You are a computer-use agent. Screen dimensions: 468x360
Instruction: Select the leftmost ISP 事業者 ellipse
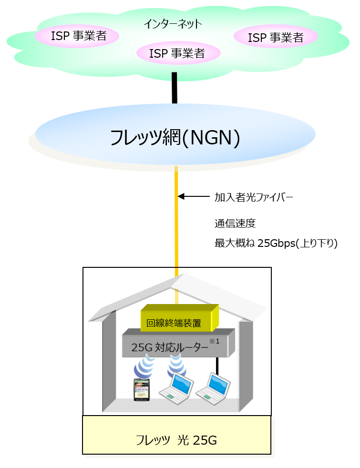pos(78,36)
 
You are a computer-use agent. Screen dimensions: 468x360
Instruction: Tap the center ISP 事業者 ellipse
pos(177,53)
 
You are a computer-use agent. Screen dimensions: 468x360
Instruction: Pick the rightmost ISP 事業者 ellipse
pos(275,38)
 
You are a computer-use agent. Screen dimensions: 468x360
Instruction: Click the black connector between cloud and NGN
pos(175,88)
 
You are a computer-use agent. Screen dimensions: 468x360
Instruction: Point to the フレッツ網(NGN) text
pos(175,137)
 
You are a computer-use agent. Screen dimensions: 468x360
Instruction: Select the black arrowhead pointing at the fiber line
pos(181,196)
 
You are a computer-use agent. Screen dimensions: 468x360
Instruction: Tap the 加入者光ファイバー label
pos(253,196)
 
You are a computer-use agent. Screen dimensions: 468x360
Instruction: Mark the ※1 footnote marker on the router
pos(216,340)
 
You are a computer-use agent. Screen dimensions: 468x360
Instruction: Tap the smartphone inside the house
pos(141,389)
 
